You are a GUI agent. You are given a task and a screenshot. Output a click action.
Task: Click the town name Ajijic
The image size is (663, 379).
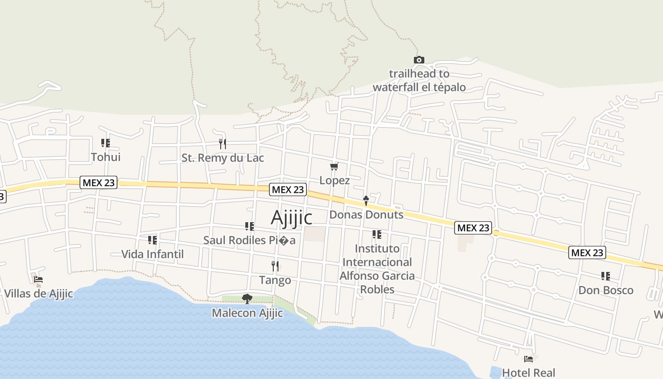[x=291, y=217]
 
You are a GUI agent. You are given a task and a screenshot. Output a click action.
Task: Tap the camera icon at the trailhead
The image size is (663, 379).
[x=419, y=60]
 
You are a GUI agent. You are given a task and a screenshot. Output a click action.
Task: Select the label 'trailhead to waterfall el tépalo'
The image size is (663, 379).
[x=419, y=81]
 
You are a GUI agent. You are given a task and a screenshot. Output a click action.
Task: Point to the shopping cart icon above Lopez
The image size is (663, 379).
[x=334, y=166]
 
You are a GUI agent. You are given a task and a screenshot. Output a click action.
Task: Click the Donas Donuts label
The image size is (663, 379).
[x=366, y=215]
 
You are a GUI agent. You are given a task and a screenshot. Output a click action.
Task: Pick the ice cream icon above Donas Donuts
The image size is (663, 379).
[x=366, y=201]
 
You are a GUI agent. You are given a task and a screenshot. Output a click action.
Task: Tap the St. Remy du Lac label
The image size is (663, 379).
[x=223, y=158]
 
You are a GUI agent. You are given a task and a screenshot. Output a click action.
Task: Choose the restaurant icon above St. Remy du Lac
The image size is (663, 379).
[x=223, y=144]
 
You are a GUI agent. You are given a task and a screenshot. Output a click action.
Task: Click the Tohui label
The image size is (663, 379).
[x=106, y=157]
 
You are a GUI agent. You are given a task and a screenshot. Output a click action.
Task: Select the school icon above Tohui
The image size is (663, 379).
[x=106, y=143]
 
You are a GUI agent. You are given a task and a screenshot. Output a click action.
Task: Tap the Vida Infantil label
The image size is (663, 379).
[x=152, y=254]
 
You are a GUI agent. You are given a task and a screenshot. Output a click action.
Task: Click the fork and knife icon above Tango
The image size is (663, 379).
[x=275, y=266]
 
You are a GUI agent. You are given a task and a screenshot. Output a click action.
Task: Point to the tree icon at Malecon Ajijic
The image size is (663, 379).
[x=247, y=298]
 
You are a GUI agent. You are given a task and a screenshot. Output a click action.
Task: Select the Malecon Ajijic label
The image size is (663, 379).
[x=247, y=313]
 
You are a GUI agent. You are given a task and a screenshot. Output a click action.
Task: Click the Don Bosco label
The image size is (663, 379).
[x=606, y=290]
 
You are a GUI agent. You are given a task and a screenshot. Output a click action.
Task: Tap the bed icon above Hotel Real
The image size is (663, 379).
[x=529, y=359]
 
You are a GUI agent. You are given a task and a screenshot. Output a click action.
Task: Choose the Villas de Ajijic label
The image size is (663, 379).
[x=38, y=294]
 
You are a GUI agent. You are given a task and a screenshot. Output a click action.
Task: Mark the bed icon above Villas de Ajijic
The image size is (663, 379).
[x=38, y=280]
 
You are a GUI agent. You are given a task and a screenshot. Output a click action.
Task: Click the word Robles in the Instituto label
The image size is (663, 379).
[x=377, y=289]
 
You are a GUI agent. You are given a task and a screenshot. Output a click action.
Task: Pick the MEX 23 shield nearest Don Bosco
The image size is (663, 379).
[x=587, y=253]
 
